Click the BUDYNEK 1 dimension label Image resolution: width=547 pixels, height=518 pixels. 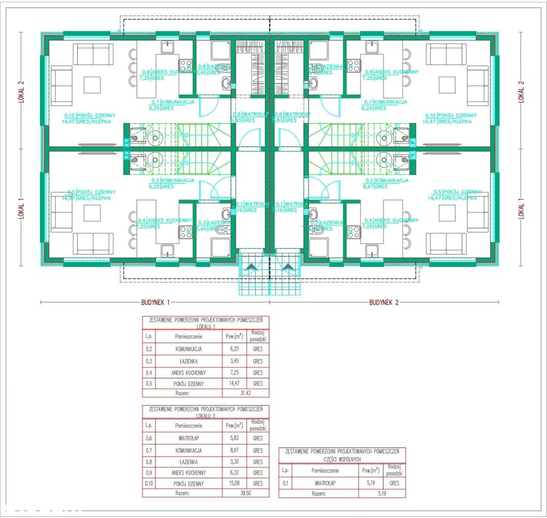pyautogui.click(x=156, y=301)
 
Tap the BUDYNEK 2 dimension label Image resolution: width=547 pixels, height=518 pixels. pyautogui.click(x=384, y=301)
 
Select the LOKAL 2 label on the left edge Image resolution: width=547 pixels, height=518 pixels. pyautogui.click(x=22, y=92)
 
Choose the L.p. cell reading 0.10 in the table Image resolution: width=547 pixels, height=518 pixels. pyautogui.click(x=149, y=483)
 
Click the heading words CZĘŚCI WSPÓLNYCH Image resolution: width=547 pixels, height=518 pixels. pyautogui.click(x=342, y=459)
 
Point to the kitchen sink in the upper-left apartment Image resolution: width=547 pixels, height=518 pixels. pyautogui.click(x=167, y=48)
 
